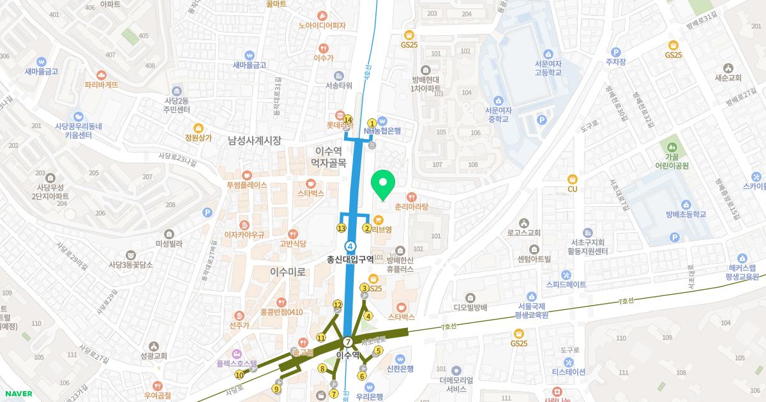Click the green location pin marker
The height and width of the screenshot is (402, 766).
click(x=383, y=186)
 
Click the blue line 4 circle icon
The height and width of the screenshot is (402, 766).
click(x=350, y=246)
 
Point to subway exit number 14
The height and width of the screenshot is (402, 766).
click(x=348, y=119)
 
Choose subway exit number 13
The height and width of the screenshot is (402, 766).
click(x=342, y=228)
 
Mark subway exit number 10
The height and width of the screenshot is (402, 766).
click(x=239, y=375)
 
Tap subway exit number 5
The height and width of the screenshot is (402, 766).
click(x=378, y=350)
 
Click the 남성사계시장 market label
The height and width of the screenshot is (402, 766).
click(x=254, y=140)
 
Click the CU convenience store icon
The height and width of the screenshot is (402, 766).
click(x=572, y=179)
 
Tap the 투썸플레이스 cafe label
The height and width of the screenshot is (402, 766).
click(x=246, y=185)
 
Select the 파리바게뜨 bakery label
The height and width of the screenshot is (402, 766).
click(x=101, y=84)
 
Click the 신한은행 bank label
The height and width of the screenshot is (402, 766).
click(x=400, y=368)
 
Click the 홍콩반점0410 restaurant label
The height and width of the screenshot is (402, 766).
click(x=282, y=312)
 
